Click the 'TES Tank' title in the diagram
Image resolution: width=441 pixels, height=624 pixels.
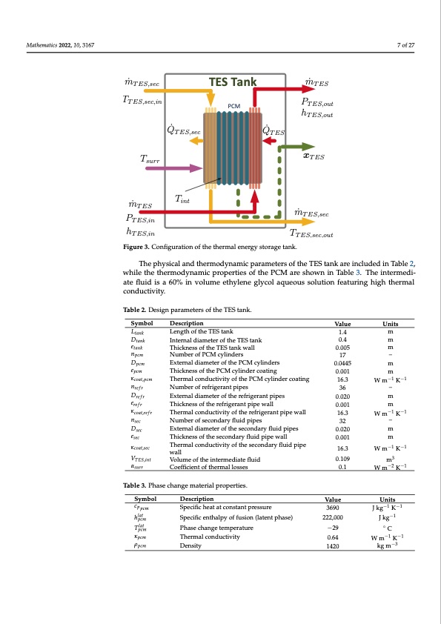click(x=234, y=82)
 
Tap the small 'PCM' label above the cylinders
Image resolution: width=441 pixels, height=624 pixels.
click(x=233, y=106)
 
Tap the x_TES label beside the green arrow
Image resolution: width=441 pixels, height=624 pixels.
click(x=314, y=156)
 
